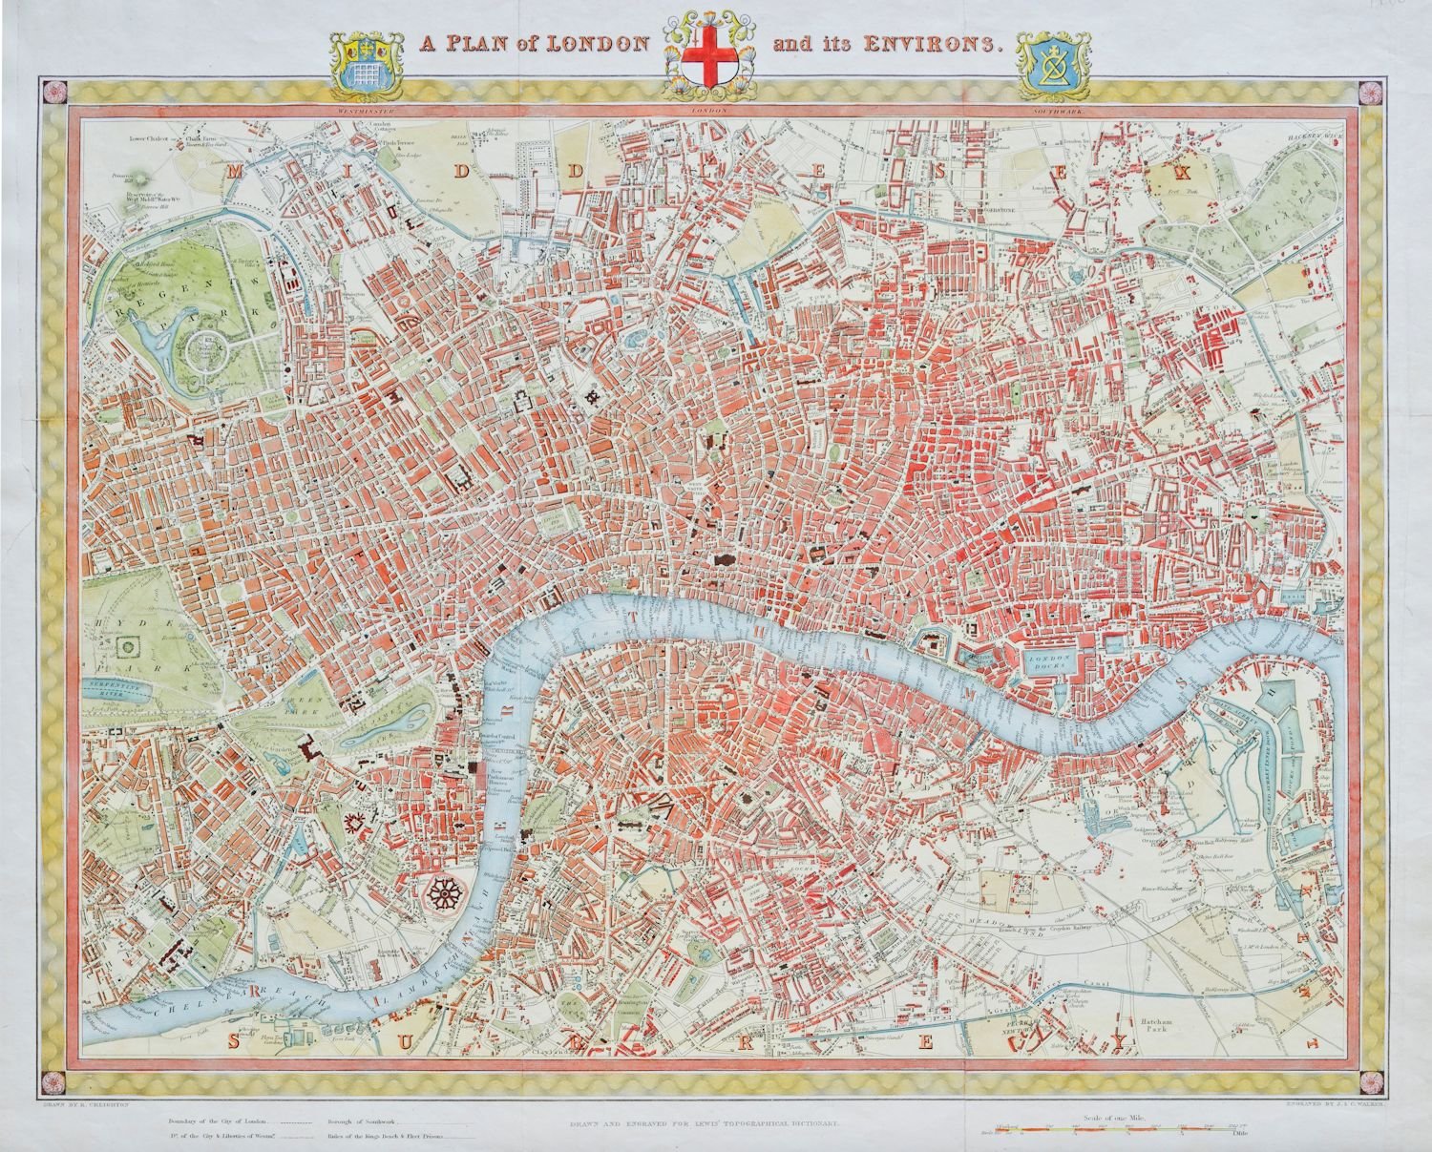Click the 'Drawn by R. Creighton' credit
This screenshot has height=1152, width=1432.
(87, 1103)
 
